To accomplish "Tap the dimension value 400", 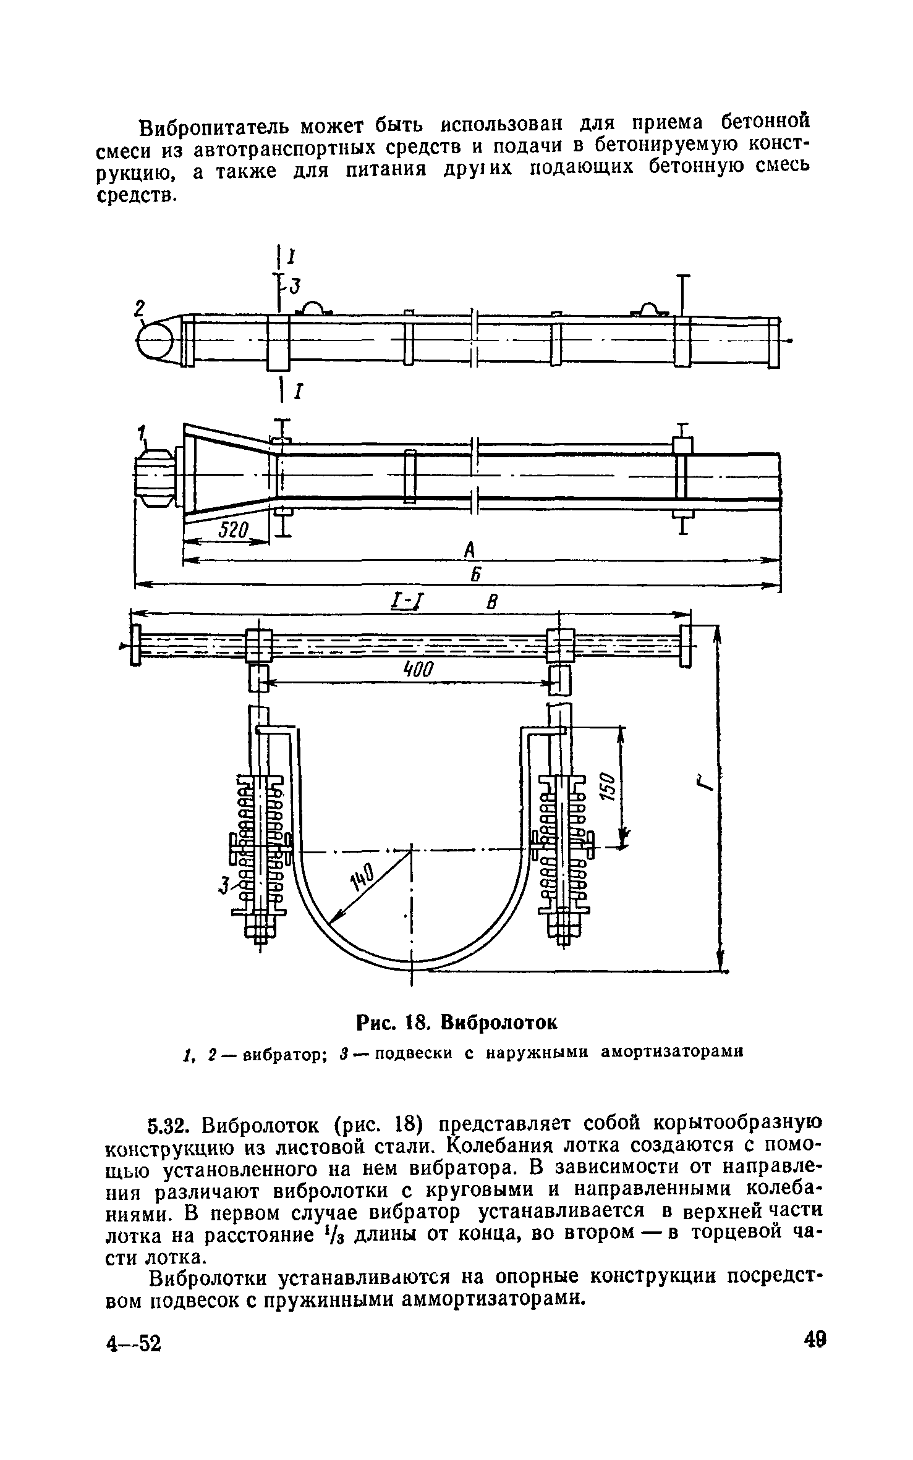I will pyautogui.click(x=418, y=669).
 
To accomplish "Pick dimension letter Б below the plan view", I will pyautogui.click(x=475, y=575).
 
